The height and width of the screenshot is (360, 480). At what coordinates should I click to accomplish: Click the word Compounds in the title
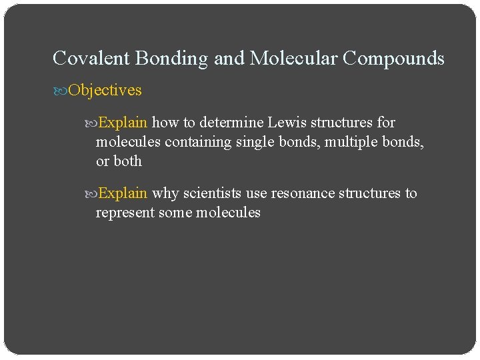coord(394,59)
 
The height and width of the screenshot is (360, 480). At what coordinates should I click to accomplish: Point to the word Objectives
coord(105,89)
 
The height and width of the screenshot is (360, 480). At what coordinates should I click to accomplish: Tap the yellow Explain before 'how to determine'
coord(123,123)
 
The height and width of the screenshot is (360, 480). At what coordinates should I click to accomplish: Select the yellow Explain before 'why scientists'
coord(123,193)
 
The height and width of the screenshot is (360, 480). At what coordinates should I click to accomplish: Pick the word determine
coord(231,123)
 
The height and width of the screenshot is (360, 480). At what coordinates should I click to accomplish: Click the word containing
coord(199,142)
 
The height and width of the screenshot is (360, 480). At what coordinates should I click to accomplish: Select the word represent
coord(124,213)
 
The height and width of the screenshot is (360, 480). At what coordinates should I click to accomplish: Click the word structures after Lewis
coord(341,123)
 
